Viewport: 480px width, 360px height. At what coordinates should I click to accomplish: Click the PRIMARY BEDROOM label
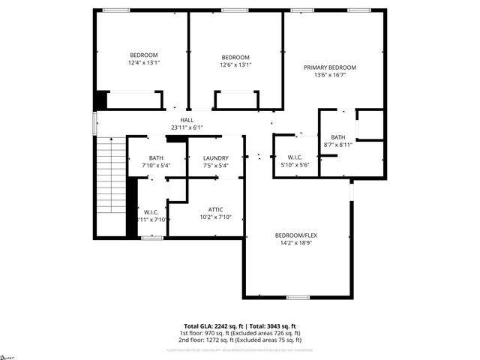(329, 67)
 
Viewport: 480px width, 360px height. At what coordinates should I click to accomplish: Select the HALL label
(187, 120)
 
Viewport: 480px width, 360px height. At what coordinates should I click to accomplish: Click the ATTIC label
(216, 209)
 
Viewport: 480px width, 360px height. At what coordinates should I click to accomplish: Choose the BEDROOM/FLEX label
(296, 235)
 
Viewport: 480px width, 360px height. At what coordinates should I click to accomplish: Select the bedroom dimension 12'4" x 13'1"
(144, 64)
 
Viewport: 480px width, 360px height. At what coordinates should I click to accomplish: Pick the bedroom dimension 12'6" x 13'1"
(235, 65)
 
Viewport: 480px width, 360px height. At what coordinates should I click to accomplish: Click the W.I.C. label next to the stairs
(150, 211)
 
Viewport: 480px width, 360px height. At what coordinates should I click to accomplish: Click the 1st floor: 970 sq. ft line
(240, 333)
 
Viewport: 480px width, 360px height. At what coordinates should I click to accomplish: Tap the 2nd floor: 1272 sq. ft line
(240, 340)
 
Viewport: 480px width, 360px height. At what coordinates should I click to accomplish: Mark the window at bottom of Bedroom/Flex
(298, 298)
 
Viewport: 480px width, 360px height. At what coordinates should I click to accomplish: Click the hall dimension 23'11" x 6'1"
(187, 127)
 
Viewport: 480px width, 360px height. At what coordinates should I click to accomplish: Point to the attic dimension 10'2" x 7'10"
(216, 217)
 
